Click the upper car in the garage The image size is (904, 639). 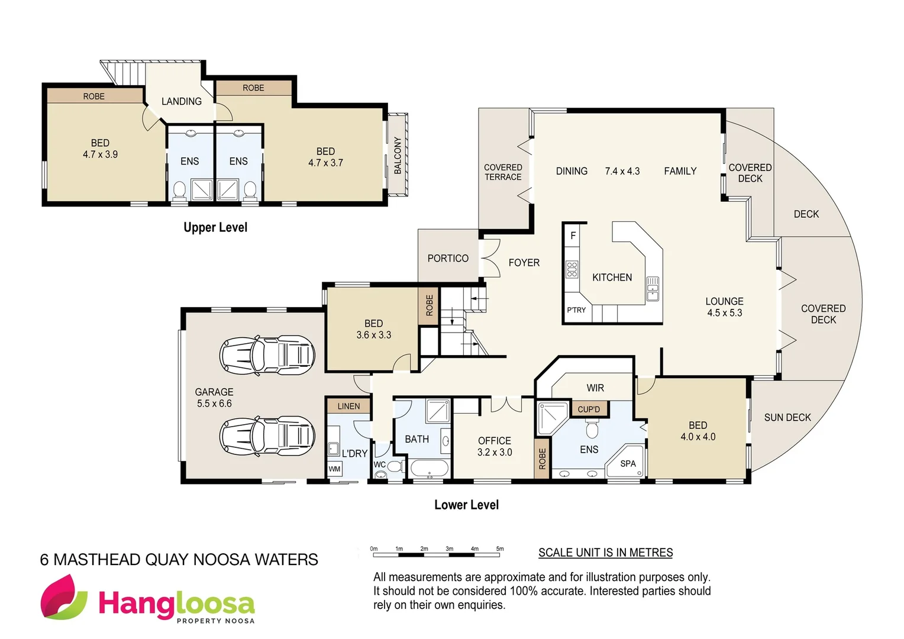[267, 355]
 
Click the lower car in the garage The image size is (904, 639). [267, 436]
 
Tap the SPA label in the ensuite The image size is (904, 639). [628, 464]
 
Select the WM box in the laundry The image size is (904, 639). [334, 469]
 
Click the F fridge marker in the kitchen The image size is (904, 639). [573, 235]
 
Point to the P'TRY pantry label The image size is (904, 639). [576, 310]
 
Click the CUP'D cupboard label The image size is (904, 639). [589, 409]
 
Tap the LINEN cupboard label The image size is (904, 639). [348, 406]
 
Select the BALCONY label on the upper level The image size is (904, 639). [398, 155]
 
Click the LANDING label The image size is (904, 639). [182, 101]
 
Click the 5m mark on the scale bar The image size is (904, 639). [500, 549]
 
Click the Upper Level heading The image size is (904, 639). [215, 227]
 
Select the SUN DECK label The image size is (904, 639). [787, 417]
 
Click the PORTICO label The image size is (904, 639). [448, 258]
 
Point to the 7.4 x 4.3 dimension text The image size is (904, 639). [622, 171]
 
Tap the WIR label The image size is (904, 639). [595, 388]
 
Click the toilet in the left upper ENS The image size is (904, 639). [179, 190]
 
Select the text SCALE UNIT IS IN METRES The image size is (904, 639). [605, 553]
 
